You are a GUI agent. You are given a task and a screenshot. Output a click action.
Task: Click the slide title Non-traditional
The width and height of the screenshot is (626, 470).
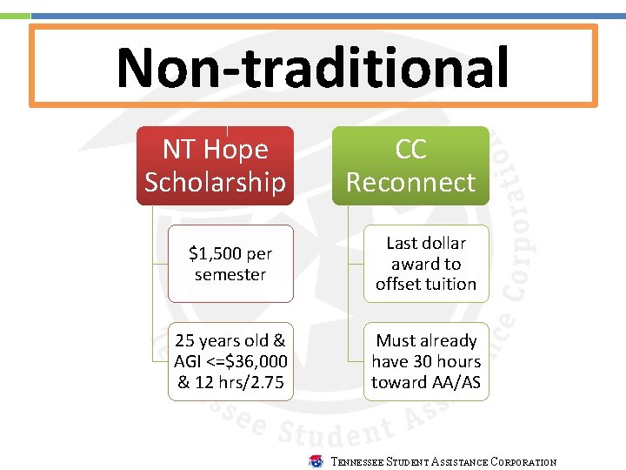[x=312, y=67]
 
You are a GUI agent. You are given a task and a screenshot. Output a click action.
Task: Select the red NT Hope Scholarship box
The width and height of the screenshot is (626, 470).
[x=215, y=165]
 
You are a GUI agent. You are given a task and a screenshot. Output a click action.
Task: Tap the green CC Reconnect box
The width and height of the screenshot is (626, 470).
[x=410, y=165]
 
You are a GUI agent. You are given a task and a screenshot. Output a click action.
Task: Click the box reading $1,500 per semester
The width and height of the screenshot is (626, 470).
[x=230, y=264]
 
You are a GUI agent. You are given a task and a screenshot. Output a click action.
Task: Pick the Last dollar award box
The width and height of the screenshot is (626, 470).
[x=426, y=264]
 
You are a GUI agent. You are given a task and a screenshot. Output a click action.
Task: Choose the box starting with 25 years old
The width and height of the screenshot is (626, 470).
[x=230, y=361]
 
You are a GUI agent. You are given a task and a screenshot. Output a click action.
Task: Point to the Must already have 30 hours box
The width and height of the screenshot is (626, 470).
[x=426, y=361]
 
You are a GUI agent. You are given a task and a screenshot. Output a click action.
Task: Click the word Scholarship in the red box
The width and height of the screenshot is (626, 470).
[x=215, y=182]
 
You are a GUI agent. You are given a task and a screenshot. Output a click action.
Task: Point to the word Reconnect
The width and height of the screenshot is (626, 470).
[x=410, y=182]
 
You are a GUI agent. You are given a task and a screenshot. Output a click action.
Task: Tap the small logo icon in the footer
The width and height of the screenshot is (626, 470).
[x=316, y=461]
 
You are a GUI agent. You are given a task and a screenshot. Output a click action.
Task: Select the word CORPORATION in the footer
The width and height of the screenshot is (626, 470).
[x=523, y=462]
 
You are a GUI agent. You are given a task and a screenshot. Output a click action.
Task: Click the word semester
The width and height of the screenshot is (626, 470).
[x=230, y=274]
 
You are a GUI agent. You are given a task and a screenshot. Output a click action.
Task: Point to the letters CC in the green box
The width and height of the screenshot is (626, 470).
[x=410, y=150]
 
